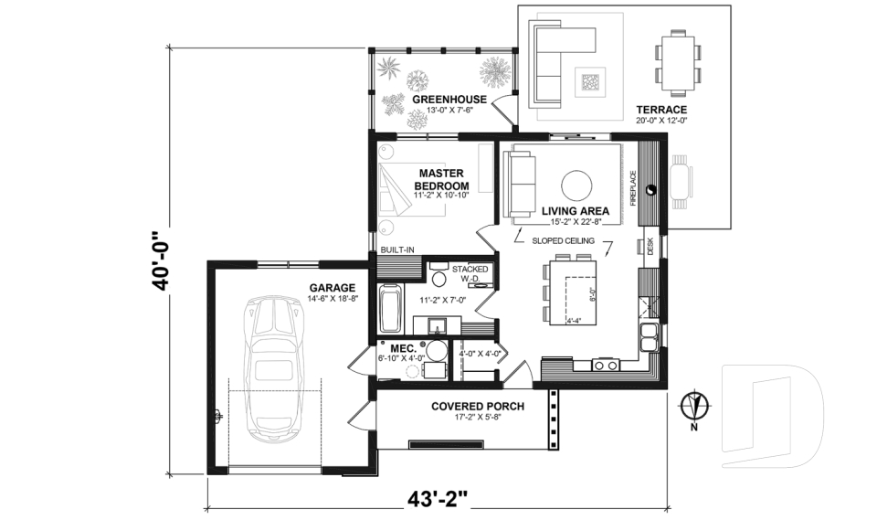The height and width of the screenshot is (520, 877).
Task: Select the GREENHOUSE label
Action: (449, 99)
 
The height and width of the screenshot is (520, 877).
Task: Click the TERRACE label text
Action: (660, 109)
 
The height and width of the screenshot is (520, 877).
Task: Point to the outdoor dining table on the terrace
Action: (678, 62)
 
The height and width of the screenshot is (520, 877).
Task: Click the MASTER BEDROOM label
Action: (442, 179)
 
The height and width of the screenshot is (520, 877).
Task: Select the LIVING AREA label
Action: (576, 211)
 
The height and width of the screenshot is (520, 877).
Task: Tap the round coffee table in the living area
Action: (577, 186)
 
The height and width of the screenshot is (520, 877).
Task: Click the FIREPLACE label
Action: (632, 186)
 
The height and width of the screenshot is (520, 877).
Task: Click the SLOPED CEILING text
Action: (564, 240)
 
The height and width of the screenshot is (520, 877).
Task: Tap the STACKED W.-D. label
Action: (470, 274)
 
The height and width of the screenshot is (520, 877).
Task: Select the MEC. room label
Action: (403, 348)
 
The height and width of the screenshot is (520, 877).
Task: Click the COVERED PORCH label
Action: (478, 406)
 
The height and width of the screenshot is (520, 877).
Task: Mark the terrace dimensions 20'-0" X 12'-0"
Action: (660, 120)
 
